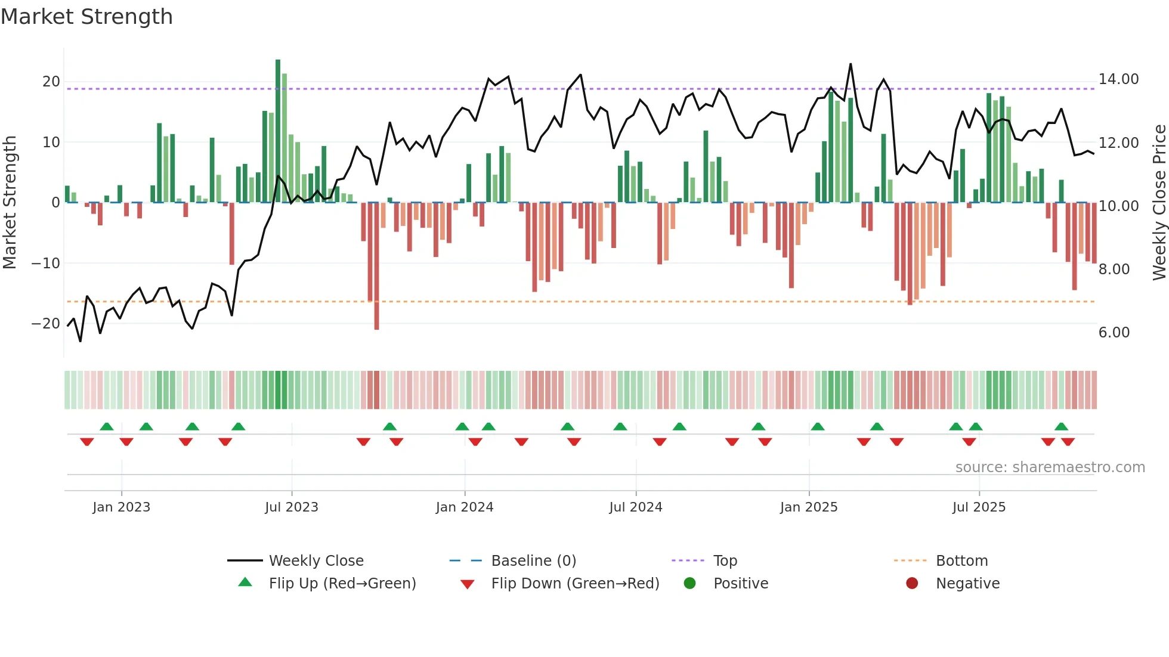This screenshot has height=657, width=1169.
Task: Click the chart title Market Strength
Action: point(86,17)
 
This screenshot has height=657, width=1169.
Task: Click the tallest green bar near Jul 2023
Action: point(278,131)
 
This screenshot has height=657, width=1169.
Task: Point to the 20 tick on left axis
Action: point(51,82)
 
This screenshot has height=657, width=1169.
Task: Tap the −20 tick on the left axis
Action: point(46,324)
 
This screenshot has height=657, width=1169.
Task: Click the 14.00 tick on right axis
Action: point(1118,79)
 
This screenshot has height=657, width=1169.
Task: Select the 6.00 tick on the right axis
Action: point(1114,332)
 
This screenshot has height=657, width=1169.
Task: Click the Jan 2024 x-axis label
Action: point(465,507)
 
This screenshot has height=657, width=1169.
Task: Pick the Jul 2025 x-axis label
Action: point(979,507)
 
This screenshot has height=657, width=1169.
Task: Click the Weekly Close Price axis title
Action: point(1159,203)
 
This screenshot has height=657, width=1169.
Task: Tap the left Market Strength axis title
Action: point(10,203)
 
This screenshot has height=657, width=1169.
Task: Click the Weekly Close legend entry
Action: point(316,561)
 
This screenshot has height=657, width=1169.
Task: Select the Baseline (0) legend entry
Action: point(533,561)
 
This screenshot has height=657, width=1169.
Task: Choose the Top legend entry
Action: point(725,561)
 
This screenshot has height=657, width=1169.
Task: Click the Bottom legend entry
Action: point(961,561)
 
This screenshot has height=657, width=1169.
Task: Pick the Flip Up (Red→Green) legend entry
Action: point(342,584)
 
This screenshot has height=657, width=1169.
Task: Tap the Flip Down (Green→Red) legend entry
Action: point(575,584)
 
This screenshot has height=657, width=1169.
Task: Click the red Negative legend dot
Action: point(912,584)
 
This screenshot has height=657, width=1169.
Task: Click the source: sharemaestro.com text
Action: point(1050,467)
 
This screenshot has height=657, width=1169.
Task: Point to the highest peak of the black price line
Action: point(851,64)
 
